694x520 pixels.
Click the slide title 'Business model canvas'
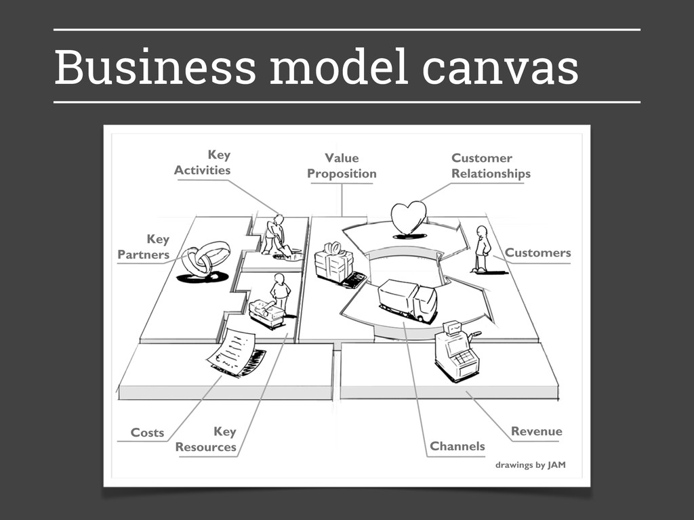[x=316, y=67]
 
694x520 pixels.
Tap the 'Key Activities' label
[x=202, y=162]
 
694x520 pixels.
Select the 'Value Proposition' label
[x=342, y=166]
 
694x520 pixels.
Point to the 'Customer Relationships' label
[x=491, y=166]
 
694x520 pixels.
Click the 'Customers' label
[x=537, y=253]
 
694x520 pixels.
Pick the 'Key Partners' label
[x=144, y=247]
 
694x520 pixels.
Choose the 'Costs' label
[x=147, y=433]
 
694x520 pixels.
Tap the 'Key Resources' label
[x=206, y=439]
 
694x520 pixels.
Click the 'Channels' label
[x=457, y=446]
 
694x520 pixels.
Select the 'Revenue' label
[x=536, y=431]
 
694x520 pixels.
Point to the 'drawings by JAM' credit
[x=530, y=465]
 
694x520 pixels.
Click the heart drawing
[x=409, y=218]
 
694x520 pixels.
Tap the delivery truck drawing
[x=407, y=300]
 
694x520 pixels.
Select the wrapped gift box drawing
[x=334, y=263]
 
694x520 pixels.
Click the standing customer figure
[x=482, y=248]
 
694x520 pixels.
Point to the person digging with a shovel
[x=274, y=235]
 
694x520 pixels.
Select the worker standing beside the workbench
[x=280, y=293]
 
